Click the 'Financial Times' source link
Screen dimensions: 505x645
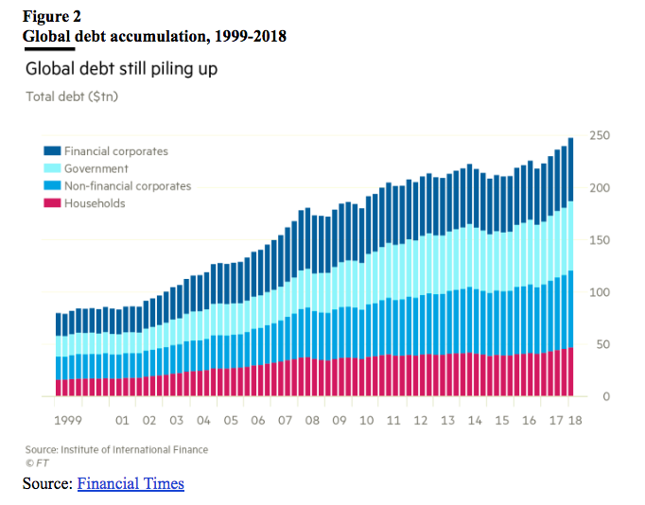point(131,484)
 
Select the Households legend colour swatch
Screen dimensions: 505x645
point(52,203)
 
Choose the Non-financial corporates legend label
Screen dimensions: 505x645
point(128,186)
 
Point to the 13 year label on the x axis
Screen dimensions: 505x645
point(447,419)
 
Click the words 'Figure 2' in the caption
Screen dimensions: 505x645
point(52,16)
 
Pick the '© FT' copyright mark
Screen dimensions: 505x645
point(36,462)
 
